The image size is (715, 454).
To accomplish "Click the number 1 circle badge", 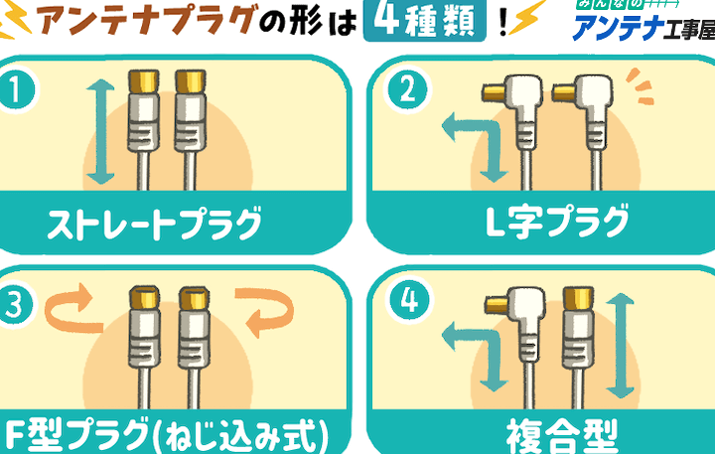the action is [16, 89].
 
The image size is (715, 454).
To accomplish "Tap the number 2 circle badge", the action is [407, 89].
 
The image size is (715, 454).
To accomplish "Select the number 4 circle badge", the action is [409, 300].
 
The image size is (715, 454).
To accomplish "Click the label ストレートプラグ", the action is [155, 224].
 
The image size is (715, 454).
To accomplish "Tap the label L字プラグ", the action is [557, 223].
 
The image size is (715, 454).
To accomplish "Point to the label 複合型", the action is [562, 437].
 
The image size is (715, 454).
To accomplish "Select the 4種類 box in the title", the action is [425, 21].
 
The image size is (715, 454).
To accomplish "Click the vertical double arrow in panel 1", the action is [100, 132].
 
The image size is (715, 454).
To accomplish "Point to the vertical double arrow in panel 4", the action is [620, 346].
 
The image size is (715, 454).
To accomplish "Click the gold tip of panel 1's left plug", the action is [143, 81].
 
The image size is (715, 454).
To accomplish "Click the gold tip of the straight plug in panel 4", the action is [578, 297].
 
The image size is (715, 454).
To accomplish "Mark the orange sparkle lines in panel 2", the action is [641, 86].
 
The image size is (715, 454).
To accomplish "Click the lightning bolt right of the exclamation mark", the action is [527, 17].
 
